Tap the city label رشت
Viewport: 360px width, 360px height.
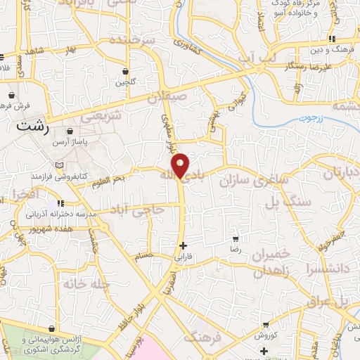coord(27,127)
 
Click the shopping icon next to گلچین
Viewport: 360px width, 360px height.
coord(125,71)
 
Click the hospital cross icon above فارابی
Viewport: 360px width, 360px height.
coord(184,246)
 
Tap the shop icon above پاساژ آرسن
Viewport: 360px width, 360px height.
coord(70,131)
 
